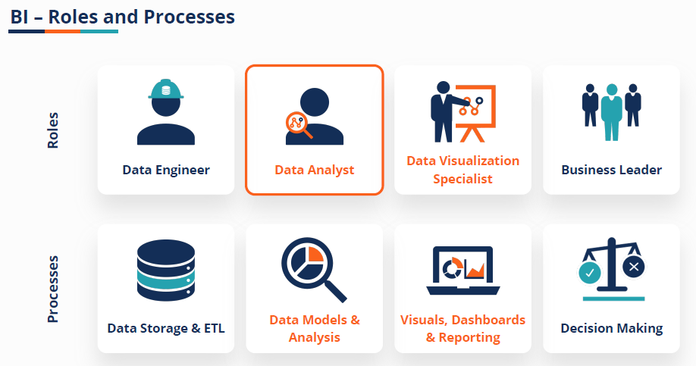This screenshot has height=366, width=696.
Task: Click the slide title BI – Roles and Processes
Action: [x=122, y=16]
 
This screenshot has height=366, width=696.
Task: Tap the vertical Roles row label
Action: [x=53, y=130]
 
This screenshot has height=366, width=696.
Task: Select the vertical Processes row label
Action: [x=53, y=289]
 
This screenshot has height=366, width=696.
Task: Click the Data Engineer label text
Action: [x=166, y=170]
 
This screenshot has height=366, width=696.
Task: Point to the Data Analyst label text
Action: [x=314, y=170]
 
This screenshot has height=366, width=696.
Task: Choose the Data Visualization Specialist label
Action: [x=462, y=170]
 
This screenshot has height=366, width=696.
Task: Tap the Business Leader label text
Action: [x=611, y=170]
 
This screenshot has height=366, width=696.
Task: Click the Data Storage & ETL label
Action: [x=166, y=328]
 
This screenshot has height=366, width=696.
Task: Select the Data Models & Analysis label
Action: [x=314, y=328]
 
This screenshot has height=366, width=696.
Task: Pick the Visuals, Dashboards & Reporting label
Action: [x=462, y=328]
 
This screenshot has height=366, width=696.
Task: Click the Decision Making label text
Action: [x=611, y=328]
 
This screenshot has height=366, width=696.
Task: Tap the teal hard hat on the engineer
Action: [x=166, y=90]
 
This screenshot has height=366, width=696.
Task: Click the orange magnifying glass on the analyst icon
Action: [x=297, y=124]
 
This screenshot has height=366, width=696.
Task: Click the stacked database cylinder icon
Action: [x=166, y=271]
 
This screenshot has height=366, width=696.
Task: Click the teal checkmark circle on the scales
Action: [x=589, y=271]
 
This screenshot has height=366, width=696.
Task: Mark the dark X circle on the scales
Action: [x=635, y=266]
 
